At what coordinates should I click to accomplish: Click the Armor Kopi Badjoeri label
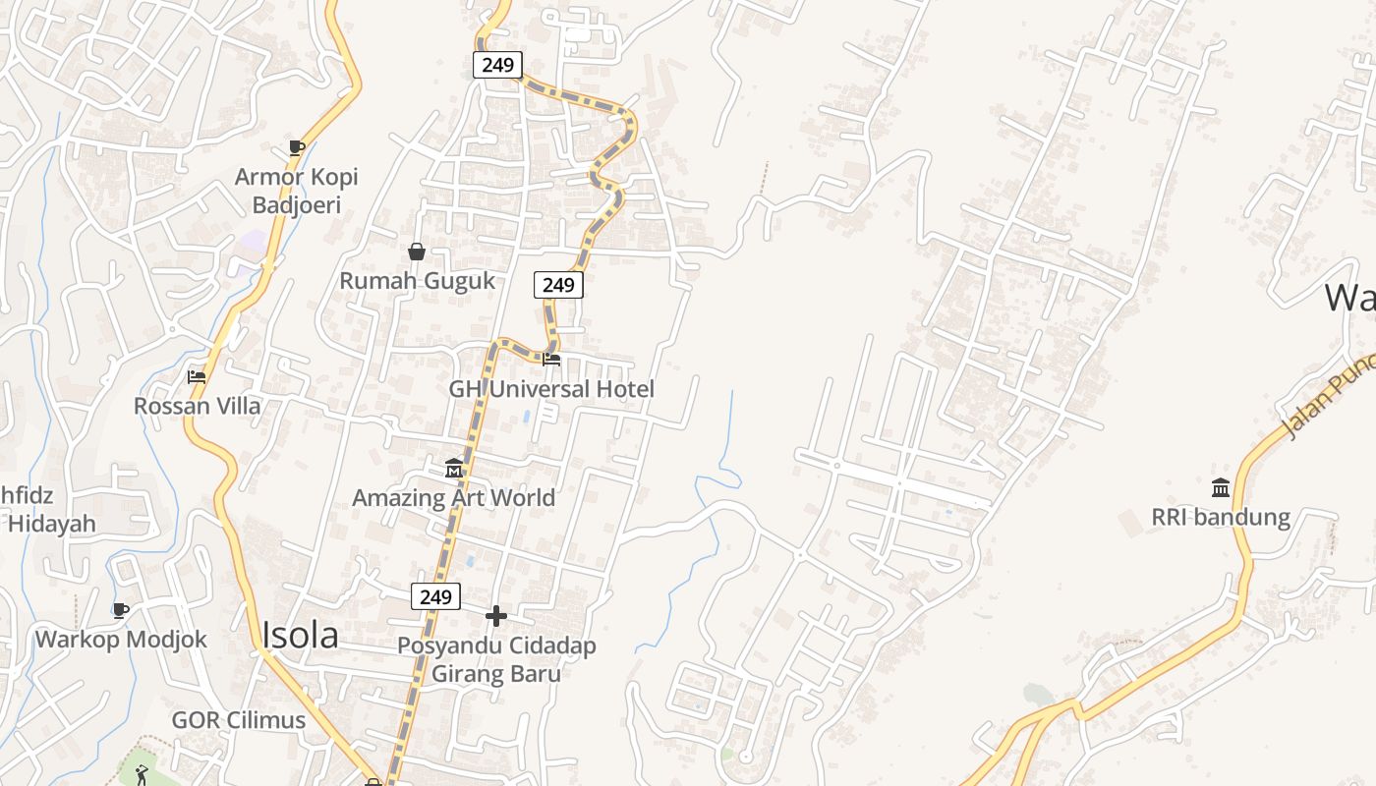tap(296, 191)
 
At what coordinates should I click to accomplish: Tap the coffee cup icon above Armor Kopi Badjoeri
tap(296, 148)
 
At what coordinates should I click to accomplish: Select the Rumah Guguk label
tap(417, 280)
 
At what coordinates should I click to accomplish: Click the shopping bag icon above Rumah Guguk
tap(417, 252)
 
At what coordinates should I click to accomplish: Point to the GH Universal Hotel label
tap(551, 389)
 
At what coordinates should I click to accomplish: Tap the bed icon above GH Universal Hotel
tap(551, 360)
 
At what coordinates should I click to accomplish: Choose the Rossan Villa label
tap(198, 406)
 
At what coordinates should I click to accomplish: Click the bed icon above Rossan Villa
tap(197, 376)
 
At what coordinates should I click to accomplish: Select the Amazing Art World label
tap(454, 497)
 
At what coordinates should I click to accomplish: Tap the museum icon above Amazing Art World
tap(454, 469)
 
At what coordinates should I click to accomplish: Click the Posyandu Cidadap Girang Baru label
tap(496, 659)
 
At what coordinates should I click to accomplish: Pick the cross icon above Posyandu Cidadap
tap(496, 616)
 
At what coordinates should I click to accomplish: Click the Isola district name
tap(300, 636)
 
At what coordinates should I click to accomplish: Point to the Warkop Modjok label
tap(121, 640)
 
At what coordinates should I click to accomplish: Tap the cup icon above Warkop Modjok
tap(121, 611)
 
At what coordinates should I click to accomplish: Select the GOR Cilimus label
tap(239, 720)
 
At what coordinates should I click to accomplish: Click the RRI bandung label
tap(1221, 517)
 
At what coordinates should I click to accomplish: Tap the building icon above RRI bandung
tap(1221, 487)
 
